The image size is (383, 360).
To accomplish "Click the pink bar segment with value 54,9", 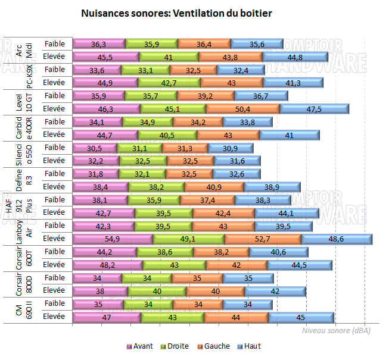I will [113, 239].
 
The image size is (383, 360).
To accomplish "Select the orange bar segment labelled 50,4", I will [243, 109].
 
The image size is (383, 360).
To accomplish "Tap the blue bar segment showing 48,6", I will [337, 239].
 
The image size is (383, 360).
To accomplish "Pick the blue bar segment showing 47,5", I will [314, 109].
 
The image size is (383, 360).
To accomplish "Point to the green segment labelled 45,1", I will [173, 109].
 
